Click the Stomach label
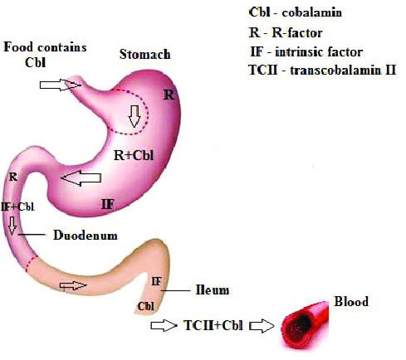144,54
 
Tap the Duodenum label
86,236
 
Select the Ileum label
213,290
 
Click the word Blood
351,301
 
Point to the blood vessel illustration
305,324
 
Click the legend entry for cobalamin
296,12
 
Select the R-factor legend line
286,33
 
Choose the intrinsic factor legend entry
306,52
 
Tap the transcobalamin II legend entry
322,70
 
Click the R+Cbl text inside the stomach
134,155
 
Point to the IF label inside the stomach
108,205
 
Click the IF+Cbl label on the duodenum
17,207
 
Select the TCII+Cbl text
213,325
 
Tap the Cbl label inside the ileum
146,306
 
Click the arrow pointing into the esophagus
61,85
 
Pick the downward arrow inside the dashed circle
135,116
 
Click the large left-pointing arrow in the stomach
81,178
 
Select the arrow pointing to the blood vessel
262,326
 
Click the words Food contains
45,47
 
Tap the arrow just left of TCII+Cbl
164,325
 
